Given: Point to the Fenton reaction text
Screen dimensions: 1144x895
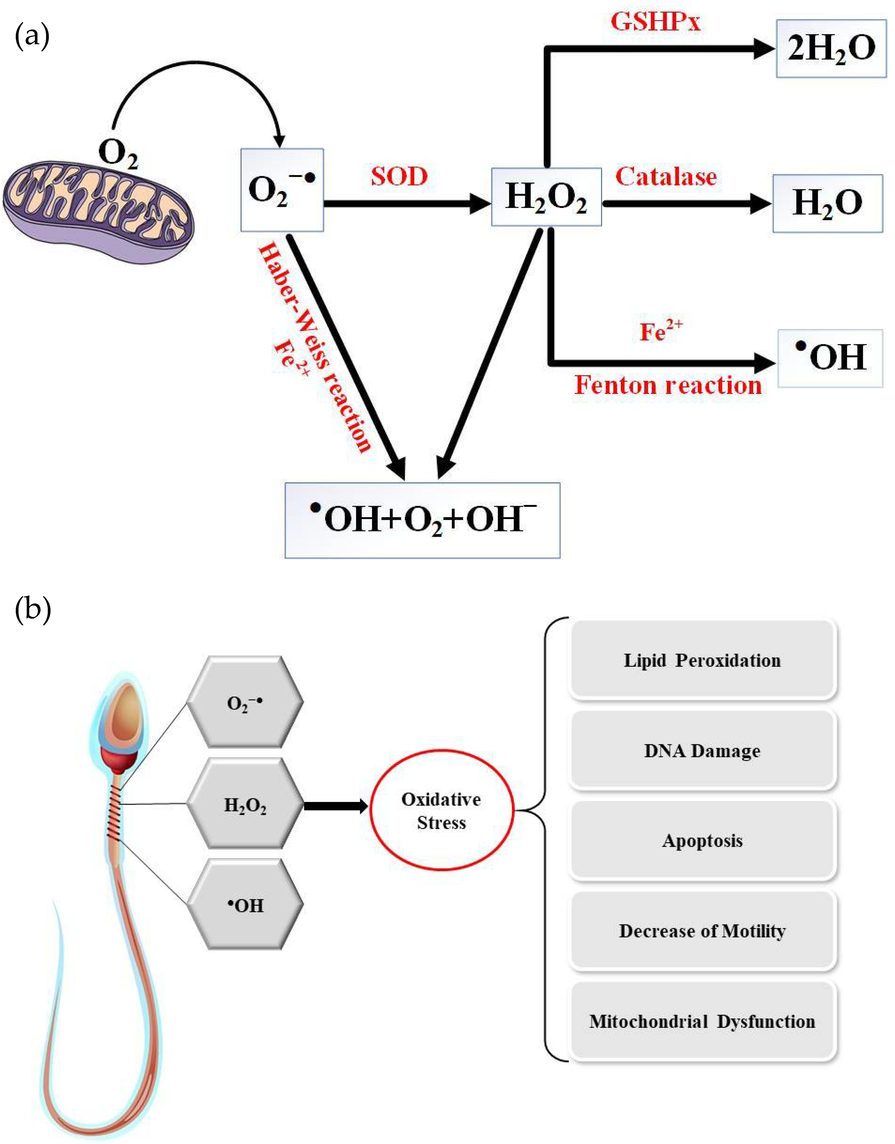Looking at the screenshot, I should click(x=668, y=385).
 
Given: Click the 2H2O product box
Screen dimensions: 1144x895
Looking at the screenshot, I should click(x=831, y=49).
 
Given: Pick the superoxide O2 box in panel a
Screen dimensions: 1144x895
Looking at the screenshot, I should click(x=282, y=190).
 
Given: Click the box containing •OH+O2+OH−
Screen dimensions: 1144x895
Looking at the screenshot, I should click(x=422, y=520).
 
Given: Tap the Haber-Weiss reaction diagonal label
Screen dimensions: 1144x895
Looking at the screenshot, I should click(x=314, y=346).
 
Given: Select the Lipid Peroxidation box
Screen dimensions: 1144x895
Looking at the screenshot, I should click(x=702, y=660).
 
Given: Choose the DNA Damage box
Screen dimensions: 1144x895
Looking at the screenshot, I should click(x=702, y=751).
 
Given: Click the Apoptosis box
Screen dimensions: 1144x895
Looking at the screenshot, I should click(x=702, y=841).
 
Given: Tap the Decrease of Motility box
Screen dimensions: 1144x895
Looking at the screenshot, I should click(x=702, y=931).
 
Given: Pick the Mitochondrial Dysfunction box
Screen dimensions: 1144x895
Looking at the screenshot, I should click(x=702, y=1021).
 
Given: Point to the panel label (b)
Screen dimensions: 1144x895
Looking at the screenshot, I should click(x=32, y=610).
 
